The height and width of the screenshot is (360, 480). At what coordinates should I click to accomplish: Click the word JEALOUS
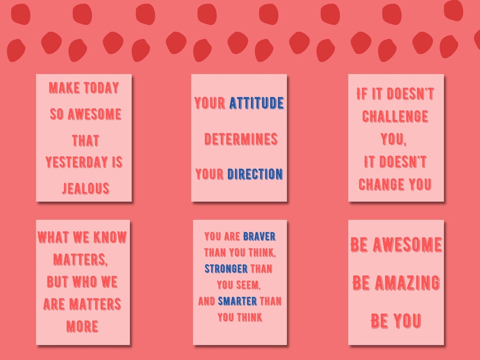click(85, 188)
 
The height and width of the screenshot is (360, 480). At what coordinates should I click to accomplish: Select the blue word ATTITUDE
click(256, 103)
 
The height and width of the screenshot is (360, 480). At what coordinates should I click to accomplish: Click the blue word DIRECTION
click(255, 174)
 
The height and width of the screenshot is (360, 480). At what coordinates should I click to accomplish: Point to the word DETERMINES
click(241, 139)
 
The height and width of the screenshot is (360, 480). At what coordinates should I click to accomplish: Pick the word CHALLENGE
click(395, 116)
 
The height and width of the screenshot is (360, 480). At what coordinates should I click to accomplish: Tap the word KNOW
click(110, 237)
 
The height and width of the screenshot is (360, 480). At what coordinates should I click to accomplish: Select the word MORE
click(82, 327)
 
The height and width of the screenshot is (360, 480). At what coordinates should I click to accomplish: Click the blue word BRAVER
click(259, 236)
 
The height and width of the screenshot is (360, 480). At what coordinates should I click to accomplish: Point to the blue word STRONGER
click(226, 269)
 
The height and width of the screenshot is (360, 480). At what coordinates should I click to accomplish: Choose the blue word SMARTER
click(237, 301)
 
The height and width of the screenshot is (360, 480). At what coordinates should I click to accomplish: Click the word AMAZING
click(407, 283)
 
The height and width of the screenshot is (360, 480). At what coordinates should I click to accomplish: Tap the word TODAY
click(102, 88)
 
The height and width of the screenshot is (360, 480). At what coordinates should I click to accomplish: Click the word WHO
click(82, 282)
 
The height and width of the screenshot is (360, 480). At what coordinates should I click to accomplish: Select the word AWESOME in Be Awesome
click(407, 244)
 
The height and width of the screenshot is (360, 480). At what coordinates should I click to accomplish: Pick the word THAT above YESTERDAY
click(85, 141)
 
